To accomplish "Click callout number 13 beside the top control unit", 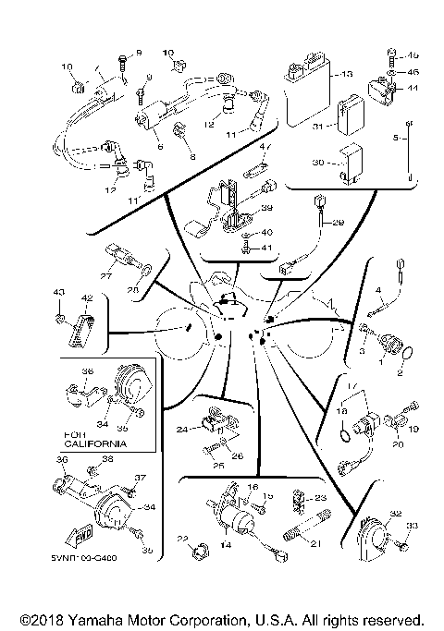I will [348, 73].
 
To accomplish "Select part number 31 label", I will [316, 126].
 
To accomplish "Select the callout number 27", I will [105, 274].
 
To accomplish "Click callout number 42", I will [87, 298].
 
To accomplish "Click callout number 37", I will [142, 478].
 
